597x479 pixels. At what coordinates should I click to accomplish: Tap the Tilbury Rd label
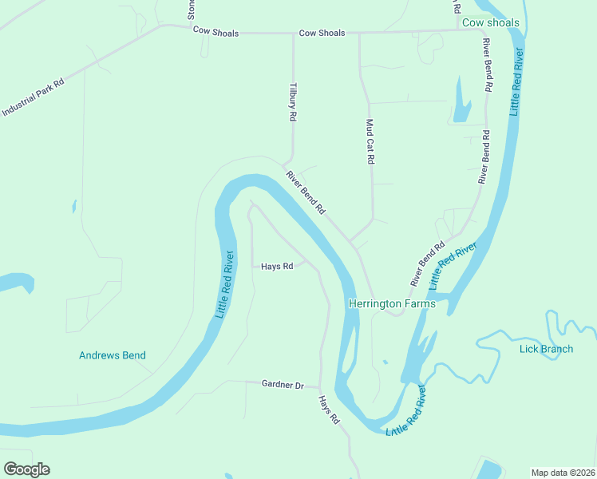[293, 101]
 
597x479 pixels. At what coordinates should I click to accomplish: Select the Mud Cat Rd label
[370, 142]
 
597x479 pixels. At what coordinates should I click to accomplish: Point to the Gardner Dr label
[283, 385]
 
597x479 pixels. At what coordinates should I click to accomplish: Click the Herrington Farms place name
[392, 304]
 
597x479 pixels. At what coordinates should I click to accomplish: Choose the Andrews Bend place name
[113, 355]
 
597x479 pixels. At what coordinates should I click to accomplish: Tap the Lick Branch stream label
[546, 349]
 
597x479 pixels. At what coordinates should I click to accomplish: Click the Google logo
[26, 469]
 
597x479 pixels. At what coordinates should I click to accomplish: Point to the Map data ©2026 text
[563, 473]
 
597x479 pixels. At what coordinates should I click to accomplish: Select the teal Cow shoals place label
[491, 23]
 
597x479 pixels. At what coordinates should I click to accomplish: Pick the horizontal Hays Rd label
[277, 266]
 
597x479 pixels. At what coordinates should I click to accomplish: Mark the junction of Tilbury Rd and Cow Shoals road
[293, 34]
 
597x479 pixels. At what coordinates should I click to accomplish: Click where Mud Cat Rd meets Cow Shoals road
[359, 34]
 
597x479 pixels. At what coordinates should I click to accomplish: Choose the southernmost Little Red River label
[406, 414]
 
